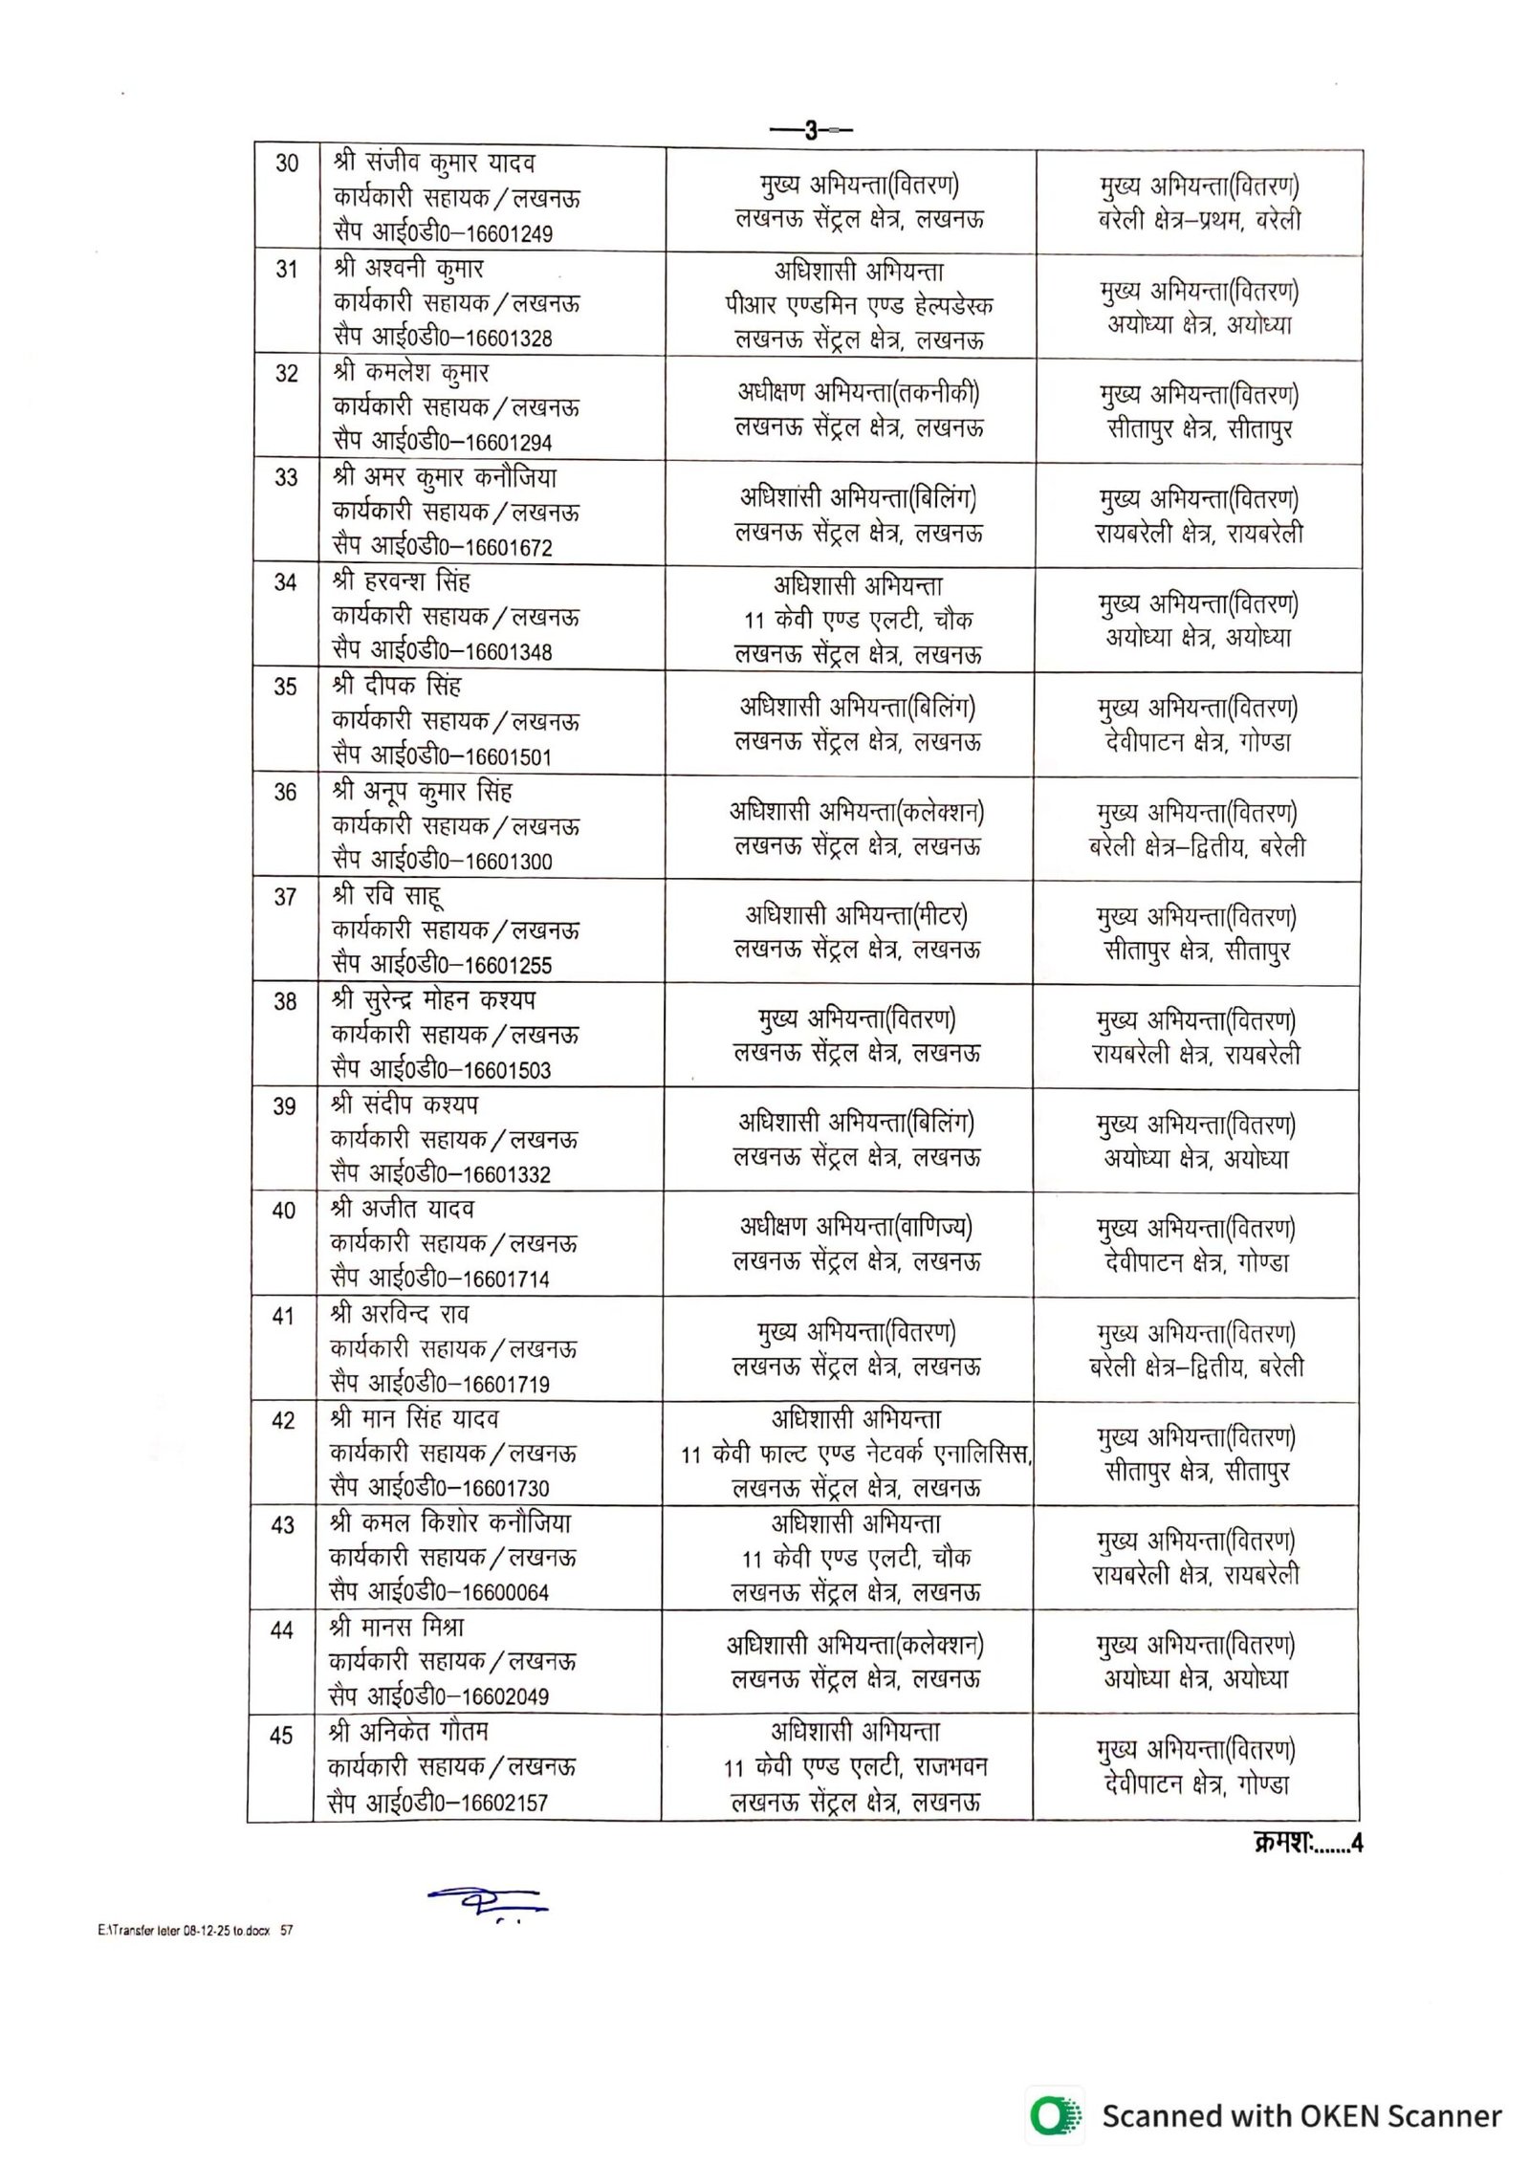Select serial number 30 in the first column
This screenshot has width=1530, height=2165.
coord(287,164)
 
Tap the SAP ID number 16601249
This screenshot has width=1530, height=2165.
coord(508,234)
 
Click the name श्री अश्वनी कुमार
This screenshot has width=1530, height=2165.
coord(408,269)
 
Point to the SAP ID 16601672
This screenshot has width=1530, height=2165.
coord(508,548)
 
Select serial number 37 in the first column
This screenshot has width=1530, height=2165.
coord(285,897)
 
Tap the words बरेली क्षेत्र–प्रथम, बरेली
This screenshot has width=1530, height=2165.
coord(1199,220)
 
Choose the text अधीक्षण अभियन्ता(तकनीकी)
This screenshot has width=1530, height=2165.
coord(858,393)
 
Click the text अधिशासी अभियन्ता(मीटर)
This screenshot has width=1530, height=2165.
coord(856,916)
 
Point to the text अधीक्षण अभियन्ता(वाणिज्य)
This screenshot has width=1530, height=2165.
coord(856,1227)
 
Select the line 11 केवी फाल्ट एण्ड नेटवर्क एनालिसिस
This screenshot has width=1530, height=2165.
coord(856,1454)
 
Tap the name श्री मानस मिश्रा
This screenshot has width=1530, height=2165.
coord(397,1628)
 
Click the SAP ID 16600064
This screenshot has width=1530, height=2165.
coord(505,1592)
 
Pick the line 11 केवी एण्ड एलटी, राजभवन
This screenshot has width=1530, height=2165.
coord(855,1767)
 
